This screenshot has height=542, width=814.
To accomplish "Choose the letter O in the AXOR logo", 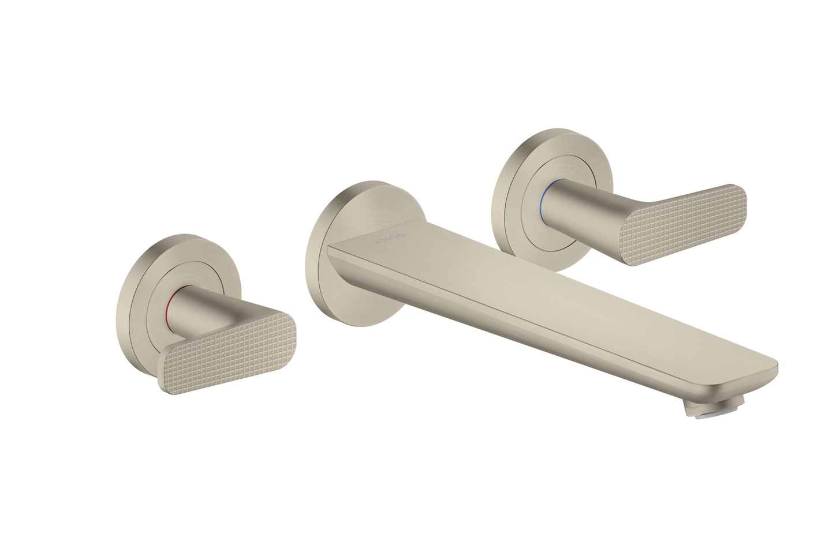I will click(x=394, y=237).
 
